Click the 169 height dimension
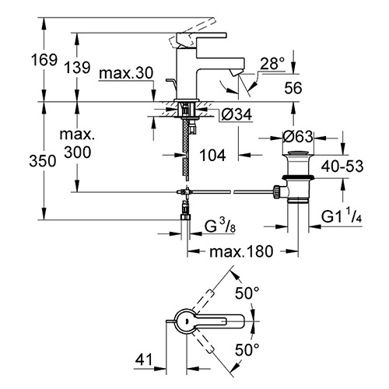44,60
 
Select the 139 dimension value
77,68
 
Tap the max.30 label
126,73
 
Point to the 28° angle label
272,63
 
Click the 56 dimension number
293,88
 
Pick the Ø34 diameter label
237,114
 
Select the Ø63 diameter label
298,136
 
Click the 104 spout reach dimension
212,156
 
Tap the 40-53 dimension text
342,166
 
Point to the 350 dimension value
43,161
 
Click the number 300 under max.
78,152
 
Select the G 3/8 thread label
220,226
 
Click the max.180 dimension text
241,251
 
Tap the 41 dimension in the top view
144,359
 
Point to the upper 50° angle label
247,293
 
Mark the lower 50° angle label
247,350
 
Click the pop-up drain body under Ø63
298,177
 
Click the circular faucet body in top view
186,321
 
